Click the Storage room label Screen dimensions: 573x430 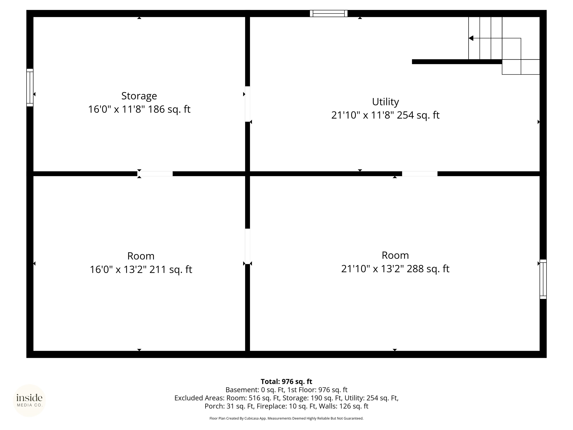point(139,96)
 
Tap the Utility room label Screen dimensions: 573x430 point(386,102)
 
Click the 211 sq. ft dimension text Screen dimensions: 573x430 point(171,269)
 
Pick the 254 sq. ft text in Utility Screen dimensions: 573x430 point(418,115)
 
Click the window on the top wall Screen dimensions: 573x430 point(329,13)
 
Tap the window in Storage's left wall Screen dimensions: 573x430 point(30,88)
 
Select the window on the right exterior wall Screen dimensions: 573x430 point(543,279)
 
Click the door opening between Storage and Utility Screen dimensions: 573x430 point(248,104)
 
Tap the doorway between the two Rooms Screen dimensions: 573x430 point(248,246)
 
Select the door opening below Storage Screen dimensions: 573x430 point(155,174)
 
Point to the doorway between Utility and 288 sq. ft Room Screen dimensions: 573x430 point(420,174)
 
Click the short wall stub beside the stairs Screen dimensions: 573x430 point(457,62)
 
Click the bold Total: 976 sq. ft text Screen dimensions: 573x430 point(286,381)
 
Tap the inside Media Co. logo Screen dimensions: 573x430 point(29,401)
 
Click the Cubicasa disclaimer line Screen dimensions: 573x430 point(286,418)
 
